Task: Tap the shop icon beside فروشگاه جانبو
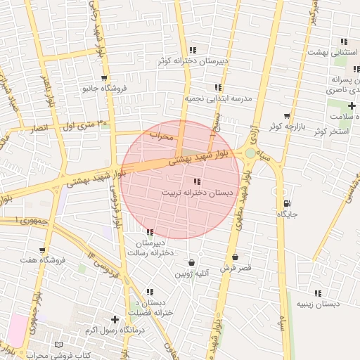[x=104, y=78]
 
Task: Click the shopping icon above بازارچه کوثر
[x=286, y=116]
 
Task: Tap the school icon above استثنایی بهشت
[x=343, y=42]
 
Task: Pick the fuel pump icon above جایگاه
[x=285, y=203]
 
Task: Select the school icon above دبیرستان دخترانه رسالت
[x=150, y=232]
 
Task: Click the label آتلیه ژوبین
[x=192, y=273]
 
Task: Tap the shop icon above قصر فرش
[x=235, y=257]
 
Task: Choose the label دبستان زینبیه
[x=318, y=304]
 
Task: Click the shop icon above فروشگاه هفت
[x=43, y=250]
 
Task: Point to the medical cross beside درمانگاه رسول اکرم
[x=115, y=319]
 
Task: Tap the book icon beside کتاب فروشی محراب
[x=58, y=345]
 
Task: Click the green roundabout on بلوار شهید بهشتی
[x=250, y=153]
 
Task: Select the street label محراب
[x=161, y=136]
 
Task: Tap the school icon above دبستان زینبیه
[x=318, y=293]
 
